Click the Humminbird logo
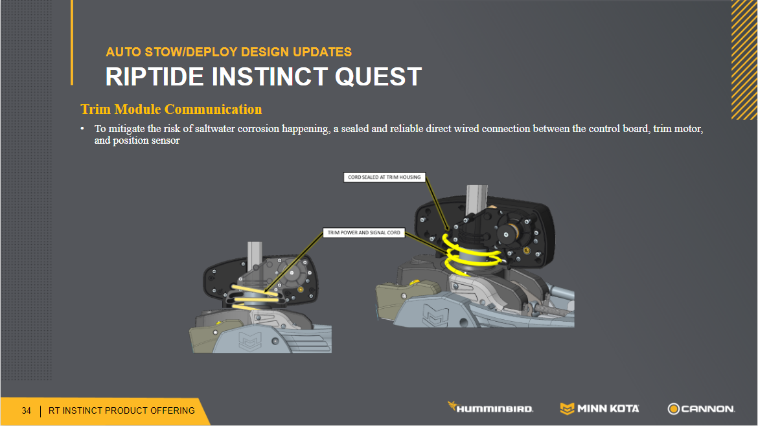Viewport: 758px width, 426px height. pyautogui.click(x=490, y=408)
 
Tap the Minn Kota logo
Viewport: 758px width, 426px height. pyautogui.click(x=599, y=409)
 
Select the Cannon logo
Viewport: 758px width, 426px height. pyautogui.click(x=701, y=409)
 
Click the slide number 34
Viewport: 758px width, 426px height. pyautogui.click(x=26, y=410)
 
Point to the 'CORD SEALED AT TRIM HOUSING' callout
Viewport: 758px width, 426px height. pyautogui.click(x=384, y=177)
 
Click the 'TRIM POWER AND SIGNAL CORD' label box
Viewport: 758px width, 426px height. pyautogui.click(x=364, y=233)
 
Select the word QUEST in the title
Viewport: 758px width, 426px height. pyautogui.click(x=378, y=77)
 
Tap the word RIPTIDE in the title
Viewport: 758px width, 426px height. pyautogui.click(x=155, y=77)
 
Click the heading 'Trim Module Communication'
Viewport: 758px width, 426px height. pyautogui.click(x=171, y=109)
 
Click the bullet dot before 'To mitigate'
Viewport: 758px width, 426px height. pyautogui.click(x=83, y=128)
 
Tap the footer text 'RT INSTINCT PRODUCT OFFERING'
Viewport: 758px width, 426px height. pyautogui.click(x=121, y=410)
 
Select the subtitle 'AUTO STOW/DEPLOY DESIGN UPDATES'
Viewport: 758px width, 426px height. pyautogui.click(x=229, y=52)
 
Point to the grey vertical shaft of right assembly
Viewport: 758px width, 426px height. pyautogui.click(x=477, y=199)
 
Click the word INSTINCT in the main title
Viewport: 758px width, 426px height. pyautogui.click(x=270, y=77)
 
